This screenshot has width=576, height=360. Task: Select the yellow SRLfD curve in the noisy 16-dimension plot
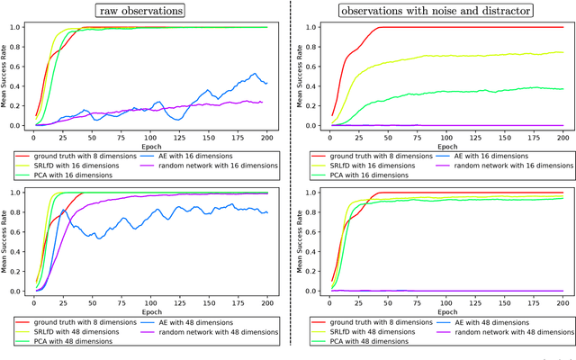tap(450, 56)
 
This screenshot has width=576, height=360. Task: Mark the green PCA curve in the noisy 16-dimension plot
tap(450, 91)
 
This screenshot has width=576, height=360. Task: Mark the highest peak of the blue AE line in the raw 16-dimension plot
tap(255, 74)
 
